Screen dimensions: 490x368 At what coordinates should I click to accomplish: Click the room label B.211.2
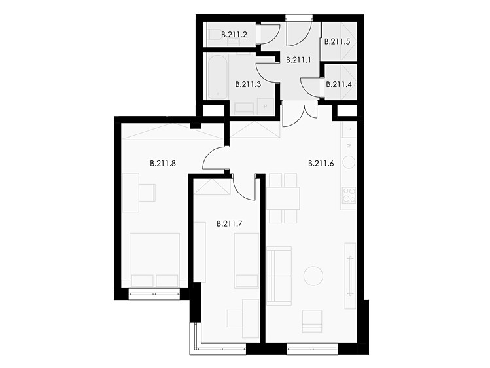234,35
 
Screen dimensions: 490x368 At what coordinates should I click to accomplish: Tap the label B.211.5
337,42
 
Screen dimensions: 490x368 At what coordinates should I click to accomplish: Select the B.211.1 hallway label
298,60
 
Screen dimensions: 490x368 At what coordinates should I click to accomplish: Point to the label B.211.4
339,84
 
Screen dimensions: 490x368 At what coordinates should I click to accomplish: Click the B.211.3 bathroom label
248,84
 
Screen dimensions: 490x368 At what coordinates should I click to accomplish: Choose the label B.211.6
321,163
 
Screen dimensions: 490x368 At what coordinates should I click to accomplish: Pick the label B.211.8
163,163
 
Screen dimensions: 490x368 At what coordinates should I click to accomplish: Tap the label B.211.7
230,224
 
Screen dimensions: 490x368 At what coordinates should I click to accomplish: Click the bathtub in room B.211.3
218,77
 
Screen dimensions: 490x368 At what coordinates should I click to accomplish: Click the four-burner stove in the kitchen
349,194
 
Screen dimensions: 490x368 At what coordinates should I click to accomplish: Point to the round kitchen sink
349,162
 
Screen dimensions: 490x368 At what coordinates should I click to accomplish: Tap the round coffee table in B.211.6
313,276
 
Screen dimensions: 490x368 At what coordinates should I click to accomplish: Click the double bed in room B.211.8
154,260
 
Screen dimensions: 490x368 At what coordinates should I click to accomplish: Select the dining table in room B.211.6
283,198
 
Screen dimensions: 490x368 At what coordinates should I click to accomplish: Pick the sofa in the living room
279,276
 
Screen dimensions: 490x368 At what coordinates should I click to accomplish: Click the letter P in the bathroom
266,107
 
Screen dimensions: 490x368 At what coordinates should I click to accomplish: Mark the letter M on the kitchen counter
349,145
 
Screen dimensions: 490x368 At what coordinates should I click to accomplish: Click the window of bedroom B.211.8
154,294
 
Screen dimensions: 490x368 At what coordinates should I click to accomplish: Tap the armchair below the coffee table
312,321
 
